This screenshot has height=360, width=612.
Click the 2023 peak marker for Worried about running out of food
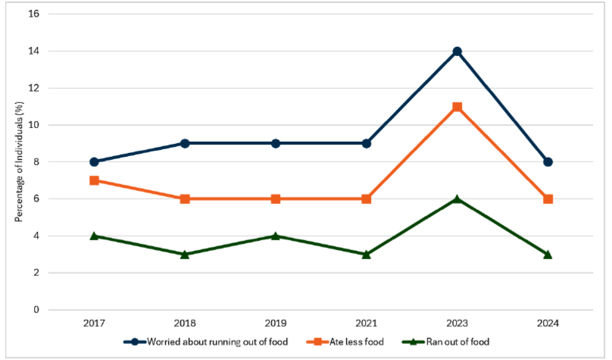(x=457, y=52)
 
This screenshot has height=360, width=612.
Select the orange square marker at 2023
(x=457, y=107)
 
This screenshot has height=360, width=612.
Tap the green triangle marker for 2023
(x=457, y=199)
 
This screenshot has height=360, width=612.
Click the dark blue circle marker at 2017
(x=94, y=162)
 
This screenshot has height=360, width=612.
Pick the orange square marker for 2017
(x=94, y=180)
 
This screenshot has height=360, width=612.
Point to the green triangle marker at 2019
(x=275, y=236)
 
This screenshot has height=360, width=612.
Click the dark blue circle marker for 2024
(x=548, y=162)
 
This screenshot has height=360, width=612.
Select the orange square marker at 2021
(x=366, y=199)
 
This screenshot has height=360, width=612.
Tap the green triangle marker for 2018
(x=185, y=254)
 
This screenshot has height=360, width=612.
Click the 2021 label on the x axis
(x=366, y=324)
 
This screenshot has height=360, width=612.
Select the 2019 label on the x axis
(x=275, y=324)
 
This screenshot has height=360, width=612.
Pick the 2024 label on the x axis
(x=548, y=324)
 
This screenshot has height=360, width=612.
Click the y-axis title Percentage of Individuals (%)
(x=17, y=161)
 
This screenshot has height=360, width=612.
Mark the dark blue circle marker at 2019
(x=275, y=143)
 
